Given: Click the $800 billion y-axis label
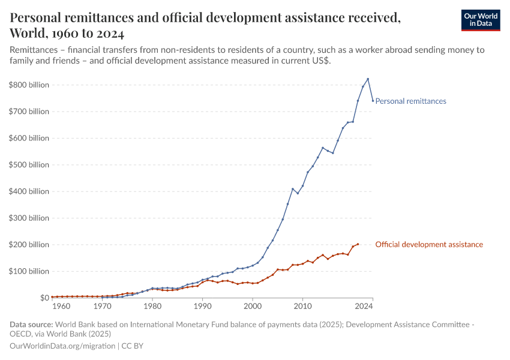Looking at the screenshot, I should tap(29, 85).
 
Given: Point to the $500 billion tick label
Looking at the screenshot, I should tap(29, 165).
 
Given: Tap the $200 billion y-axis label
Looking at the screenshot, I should tap(29, 245).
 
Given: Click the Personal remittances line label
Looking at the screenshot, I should tap(410, 101).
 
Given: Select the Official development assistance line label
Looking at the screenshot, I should tap(428, 245).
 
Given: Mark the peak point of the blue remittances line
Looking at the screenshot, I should tap(368, 79).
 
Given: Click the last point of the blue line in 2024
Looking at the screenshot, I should tap(373, 101).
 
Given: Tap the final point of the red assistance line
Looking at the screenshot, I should tap(358, 244).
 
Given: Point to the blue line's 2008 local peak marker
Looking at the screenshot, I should tap(293, 189).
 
